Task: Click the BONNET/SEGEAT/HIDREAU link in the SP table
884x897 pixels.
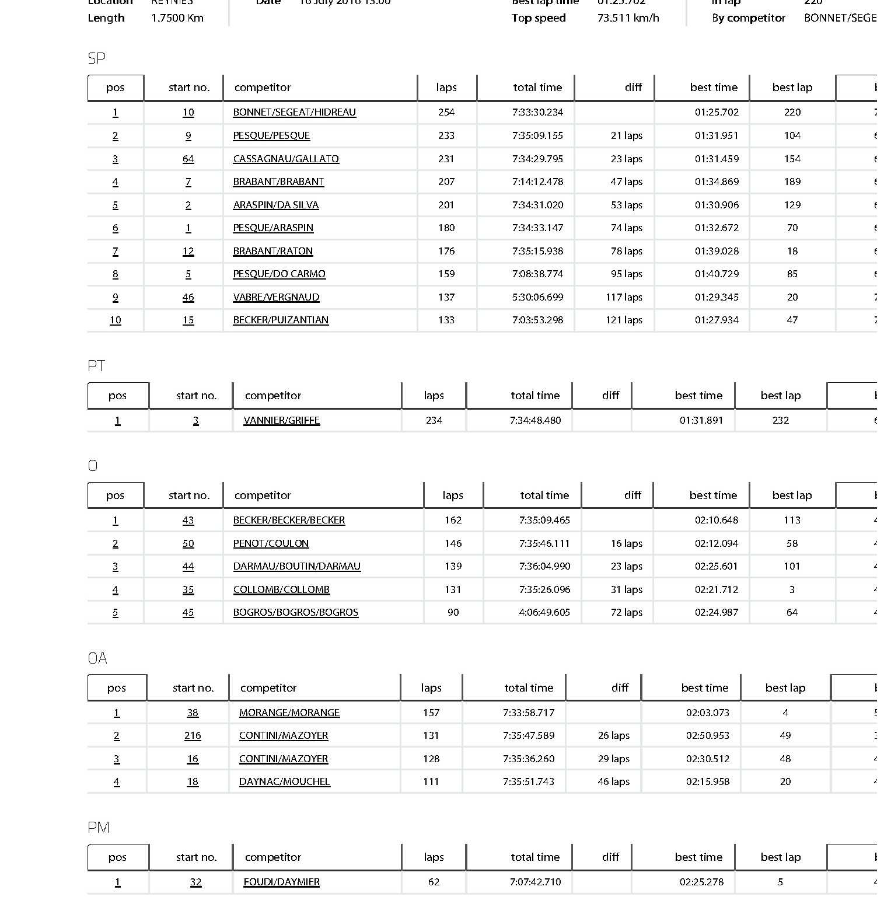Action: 294,112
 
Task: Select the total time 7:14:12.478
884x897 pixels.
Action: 537,182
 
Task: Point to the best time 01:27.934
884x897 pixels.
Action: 717,320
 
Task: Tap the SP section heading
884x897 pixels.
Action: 96,58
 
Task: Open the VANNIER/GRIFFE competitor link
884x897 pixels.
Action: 281,420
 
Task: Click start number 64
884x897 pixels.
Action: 188,159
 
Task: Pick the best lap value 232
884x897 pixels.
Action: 780,420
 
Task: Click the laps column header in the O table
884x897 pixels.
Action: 453,495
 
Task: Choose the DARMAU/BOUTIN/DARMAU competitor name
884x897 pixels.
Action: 296,566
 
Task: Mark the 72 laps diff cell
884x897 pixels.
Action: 626,612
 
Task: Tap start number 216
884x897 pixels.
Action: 193,735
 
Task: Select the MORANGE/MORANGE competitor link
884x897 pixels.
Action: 289,713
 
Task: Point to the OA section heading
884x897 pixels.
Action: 97,658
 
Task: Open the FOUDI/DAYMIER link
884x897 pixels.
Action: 281,882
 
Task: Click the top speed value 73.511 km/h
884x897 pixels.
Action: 628,18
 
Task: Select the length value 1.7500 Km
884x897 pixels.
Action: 177,18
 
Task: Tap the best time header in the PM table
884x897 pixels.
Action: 698,857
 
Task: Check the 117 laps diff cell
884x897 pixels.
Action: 624,297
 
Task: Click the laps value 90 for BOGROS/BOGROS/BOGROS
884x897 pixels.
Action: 453,612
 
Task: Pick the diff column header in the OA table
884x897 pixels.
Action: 620,688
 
